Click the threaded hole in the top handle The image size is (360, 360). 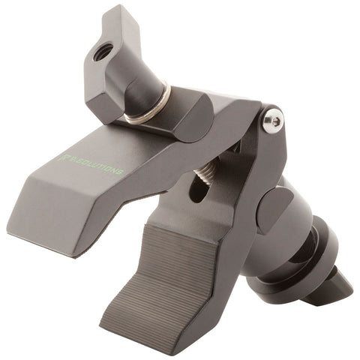point(103,51)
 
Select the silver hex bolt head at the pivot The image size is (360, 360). point(273,120)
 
